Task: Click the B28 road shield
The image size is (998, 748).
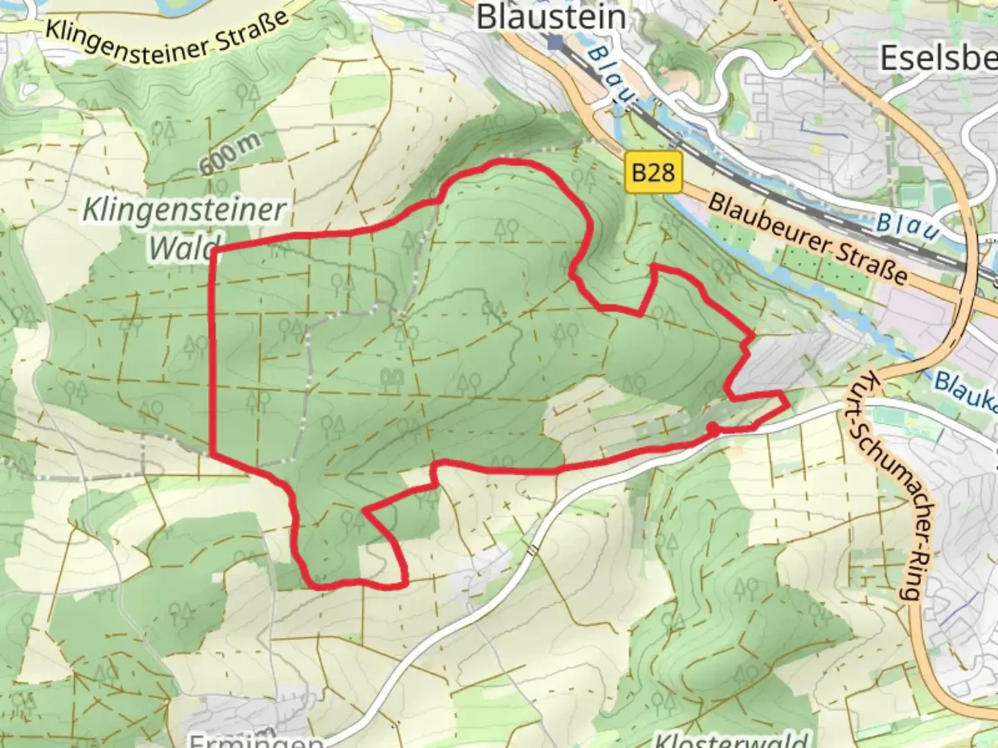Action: tap(653, 172)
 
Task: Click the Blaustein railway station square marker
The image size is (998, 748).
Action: tap(554, 43)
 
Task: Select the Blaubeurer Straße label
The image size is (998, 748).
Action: tap(807, 238)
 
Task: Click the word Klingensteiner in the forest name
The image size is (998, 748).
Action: tap(184, 210)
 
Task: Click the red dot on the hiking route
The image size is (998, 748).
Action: tap(712, 429)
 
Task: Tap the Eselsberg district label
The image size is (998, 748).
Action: tap(938, 59)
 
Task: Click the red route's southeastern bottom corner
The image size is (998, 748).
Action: tap(405, 585)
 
